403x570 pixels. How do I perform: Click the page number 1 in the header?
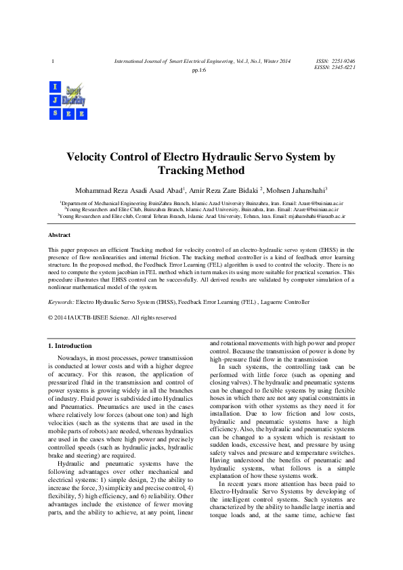tap(52, 62)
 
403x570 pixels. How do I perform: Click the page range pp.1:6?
tap(200, 70)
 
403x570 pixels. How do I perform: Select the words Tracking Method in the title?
tap(200, 171)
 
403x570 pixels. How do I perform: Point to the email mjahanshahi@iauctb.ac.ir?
tap(317, 217)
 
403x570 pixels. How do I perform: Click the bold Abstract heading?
tap(59, 235)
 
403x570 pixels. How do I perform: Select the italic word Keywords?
tap(60, 302)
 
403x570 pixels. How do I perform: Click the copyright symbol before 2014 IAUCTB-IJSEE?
tap(49, 317)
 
